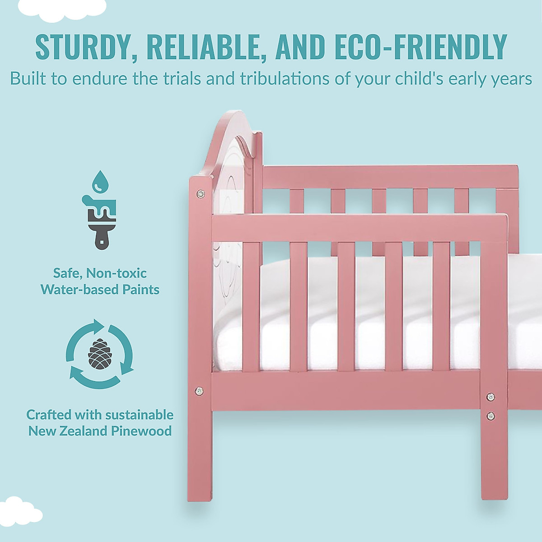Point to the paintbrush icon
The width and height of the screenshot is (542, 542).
pos(99,221)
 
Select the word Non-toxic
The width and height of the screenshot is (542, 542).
pos(117,273)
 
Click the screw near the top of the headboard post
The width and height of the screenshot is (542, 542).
pos(200,194)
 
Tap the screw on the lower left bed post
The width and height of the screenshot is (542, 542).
pos(199,390)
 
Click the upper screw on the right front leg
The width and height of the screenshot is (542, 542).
pos(490,397)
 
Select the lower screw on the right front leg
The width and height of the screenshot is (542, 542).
pos(490,415)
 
